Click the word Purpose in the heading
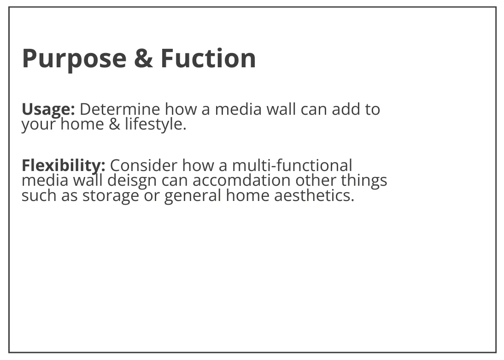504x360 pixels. click(74, 59)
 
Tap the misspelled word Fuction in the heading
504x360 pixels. click(208, 58)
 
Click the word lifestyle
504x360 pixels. click(156, 124)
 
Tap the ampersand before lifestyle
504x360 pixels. click(114, 124)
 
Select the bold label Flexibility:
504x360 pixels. click(63, 166)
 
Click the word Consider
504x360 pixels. click(143, 165)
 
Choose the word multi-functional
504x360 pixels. click(292, 165)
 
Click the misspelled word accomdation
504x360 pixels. click(241, 180)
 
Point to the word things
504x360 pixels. click(364, 181)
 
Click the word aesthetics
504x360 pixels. click(314, 195)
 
